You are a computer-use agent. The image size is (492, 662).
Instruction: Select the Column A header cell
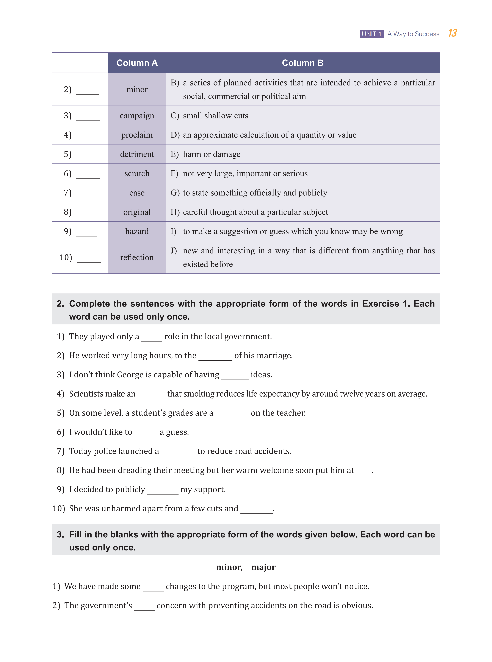(x=137, y=63)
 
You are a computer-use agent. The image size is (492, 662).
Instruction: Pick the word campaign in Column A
(x=137, y=116)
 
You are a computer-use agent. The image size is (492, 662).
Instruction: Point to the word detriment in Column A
(x=137, y=154)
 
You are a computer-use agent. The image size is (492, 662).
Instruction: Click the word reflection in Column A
(x=137, y=257)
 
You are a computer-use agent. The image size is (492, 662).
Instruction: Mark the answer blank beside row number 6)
(x=88, y=175)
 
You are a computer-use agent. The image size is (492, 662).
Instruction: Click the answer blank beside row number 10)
(x=89, y=259)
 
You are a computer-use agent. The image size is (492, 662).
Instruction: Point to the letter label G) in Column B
(x=175, y=193)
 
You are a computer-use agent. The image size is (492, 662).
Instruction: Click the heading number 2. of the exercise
(x=60, y=304)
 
